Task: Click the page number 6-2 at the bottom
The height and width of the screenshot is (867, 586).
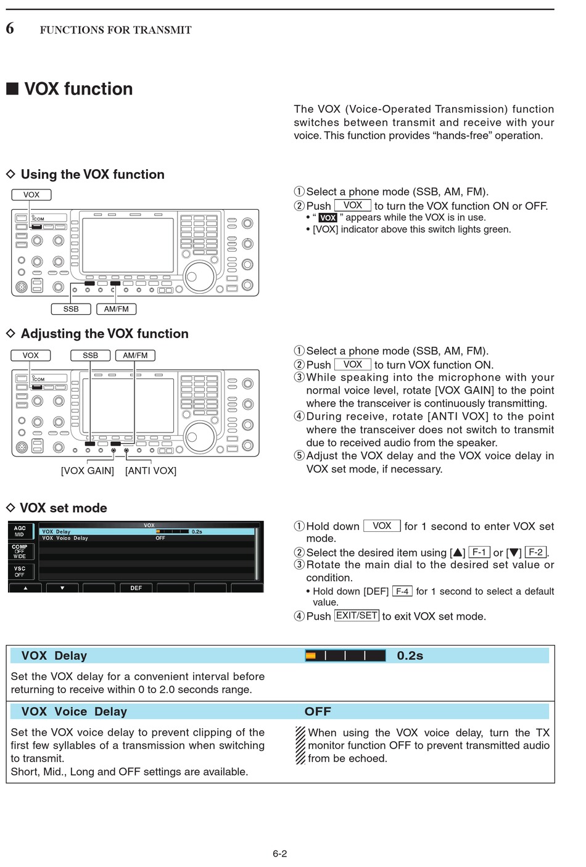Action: point(279,854)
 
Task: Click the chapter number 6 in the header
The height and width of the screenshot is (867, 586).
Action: point(10,28)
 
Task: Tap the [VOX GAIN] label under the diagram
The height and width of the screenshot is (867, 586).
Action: point(88,471)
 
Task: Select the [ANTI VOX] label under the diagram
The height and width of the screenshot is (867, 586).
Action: point(151,471)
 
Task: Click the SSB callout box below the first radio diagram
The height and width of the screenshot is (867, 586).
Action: point(71,309)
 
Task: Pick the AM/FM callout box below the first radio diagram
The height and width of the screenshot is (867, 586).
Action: point(116,309)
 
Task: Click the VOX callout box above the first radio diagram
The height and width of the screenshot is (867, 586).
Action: point(31,195)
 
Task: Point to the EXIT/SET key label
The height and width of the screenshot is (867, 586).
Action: point(357,616)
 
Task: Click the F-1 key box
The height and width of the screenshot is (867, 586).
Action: point(479,552)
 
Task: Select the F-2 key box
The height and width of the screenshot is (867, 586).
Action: point(535,552)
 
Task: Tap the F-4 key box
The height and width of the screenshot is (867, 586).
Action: point(402,591)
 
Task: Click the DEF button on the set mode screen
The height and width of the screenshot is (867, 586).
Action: point(136,588)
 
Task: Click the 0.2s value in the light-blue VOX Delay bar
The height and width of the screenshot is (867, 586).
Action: point(410,656)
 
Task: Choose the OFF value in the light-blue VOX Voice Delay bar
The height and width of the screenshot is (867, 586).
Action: point(318,711)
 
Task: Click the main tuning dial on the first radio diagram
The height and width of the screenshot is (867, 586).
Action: point(199,276)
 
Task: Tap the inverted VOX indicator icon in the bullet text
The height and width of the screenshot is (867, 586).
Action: point(328,218)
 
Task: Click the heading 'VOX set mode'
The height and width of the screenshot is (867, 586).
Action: point(64,508)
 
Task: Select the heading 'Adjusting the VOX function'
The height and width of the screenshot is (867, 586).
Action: point(104,334)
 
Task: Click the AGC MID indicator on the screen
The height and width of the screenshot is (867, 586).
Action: point(20,531)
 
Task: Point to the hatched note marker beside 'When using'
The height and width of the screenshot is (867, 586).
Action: point(300,745)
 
